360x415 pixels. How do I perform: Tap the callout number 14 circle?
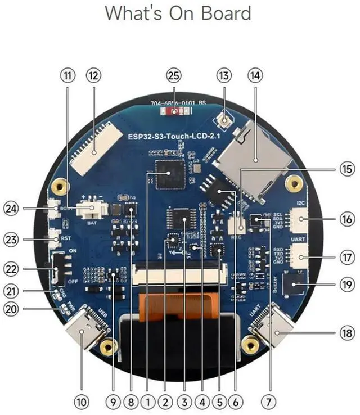[x=255, y=75]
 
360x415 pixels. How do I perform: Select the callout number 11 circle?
[x=69, y=75]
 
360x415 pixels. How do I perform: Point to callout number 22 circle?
[x=11, y=269]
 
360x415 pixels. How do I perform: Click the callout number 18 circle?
[x=345, y=332]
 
